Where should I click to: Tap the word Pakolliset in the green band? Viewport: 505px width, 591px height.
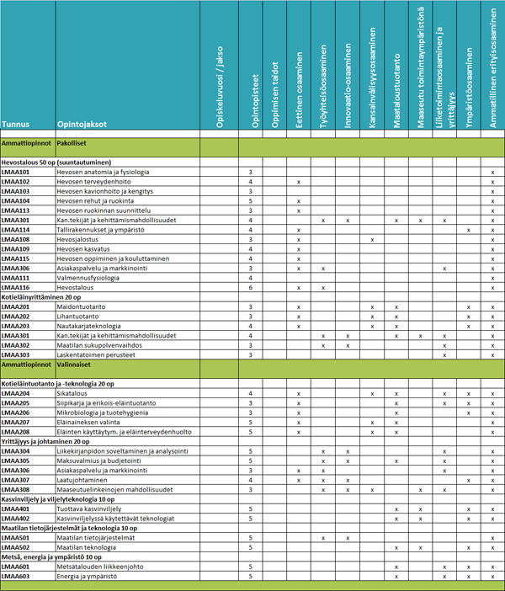click(x=72, y=145)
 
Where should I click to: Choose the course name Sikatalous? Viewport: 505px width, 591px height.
click(x=73, y=394)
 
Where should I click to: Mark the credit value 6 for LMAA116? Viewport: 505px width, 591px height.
click(x=251, y=288)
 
